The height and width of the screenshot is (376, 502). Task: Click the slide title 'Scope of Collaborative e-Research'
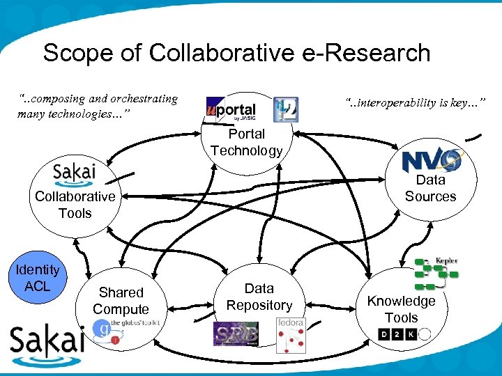click(236, 53)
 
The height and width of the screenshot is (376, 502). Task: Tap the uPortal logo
click(231, 109)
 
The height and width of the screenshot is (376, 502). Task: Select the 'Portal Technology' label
click(246, 142)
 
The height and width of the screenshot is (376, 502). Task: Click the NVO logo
click(432, 161)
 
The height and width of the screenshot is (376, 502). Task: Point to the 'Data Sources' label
click(430, 188)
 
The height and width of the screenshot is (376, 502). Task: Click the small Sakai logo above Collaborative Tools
click(75, 174)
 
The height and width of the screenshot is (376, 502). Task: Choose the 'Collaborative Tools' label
click(75, 205)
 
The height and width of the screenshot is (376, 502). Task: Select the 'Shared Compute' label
click(121, 301)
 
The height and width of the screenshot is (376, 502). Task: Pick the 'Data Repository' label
click(259, 297)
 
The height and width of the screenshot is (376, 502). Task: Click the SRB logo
click(235, 334)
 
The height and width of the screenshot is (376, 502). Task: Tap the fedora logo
click(291, 335)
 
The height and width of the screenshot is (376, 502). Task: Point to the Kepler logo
click(436, 274)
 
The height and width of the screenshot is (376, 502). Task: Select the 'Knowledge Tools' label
click(401, 309)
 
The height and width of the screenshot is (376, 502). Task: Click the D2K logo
click(403, 335)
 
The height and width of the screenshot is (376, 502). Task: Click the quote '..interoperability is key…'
click(415, 104)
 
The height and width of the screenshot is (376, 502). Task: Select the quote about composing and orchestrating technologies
click(98, 106)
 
